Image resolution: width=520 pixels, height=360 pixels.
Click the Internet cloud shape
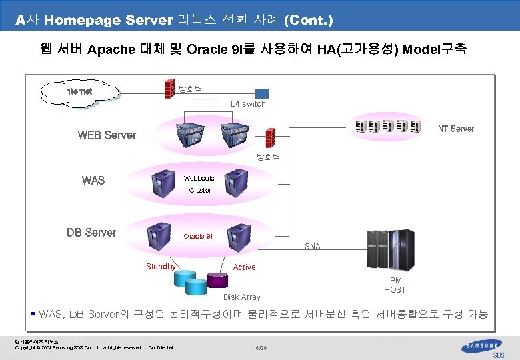tap(79, 92)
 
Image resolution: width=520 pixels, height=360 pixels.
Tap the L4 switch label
tap(248, 104)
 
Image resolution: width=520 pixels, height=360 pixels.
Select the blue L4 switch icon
tap(261, 93)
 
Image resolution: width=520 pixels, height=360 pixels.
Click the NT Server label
tap(455, 129)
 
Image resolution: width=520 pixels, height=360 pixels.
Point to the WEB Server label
tap(107, 135)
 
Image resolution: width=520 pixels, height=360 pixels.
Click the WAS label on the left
tap(93, 180)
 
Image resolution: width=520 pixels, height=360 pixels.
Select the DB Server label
tap(91, 233)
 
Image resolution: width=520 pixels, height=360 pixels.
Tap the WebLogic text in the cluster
tap(199, 179)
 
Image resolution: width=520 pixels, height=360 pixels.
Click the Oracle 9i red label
tap(198, 237)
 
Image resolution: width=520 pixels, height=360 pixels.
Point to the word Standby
tap(161, 267)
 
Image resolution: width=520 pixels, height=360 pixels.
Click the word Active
tap(244, 267)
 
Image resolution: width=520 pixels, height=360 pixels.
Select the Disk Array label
tap(241, 297)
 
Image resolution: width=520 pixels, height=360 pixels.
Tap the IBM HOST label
tap(395, 285)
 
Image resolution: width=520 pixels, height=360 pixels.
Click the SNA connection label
tap(312, 247)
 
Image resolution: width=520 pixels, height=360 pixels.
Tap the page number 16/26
tap(260, 348)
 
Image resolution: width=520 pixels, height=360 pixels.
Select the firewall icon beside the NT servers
tap(271, 137)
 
